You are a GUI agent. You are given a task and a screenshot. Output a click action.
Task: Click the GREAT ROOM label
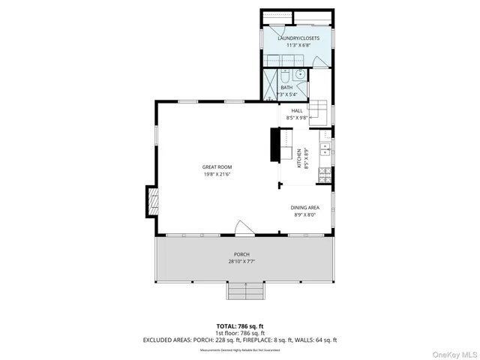point(215,166)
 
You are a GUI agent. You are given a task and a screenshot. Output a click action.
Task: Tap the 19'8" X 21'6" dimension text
point(215,174)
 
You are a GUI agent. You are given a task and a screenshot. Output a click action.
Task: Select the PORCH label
point(241,254)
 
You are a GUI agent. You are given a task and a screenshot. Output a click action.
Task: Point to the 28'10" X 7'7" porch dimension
point(241,262)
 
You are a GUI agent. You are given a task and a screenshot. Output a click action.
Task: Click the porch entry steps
point(246,291)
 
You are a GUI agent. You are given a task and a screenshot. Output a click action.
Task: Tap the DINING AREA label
point(306,208)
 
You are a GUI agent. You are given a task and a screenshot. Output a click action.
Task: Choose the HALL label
point(296,111)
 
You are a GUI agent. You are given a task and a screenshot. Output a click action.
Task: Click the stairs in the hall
point(318,109)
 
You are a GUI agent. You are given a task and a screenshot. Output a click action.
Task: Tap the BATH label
point(286,88)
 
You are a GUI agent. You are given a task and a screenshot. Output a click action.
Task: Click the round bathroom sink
point(300,74)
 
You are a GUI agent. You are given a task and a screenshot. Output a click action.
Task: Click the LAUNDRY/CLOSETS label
point(298,37)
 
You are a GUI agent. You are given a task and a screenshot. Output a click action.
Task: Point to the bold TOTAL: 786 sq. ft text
point(240,326)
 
